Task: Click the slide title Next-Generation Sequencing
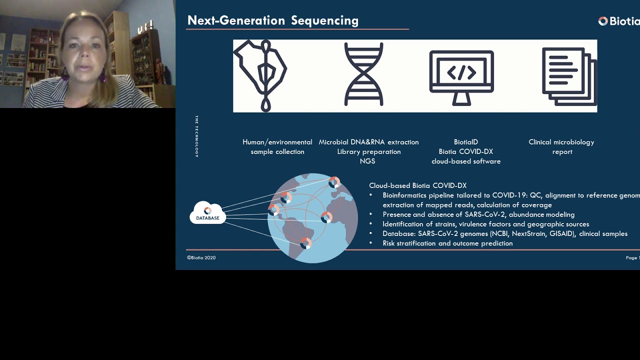click(272, 20)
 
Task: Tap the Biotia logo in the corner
click(618, 21)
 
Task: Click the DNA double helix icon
click(363, 75)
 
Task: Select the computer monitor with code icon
click(461, 76)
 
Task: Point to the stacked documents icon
click(569, 76)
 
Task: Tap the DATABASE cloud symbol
click(207, 213)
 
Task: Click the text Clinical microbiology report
click(561, 146)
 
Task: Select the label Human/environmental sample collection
click(277, 146)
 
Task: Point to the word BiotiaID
click(465, 142)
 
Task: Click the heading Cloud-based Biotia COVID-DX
click(417, 185)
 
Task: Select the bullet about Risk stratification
click(447, 243)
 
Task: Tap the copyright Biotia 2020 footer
click(201, 257)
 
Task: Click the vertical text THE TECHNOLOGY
click(196, 136)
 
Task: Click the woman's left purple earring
click(102, 76)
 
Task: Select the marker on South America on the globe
click(305, 243)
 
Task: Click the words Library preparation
click(368, 151)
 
